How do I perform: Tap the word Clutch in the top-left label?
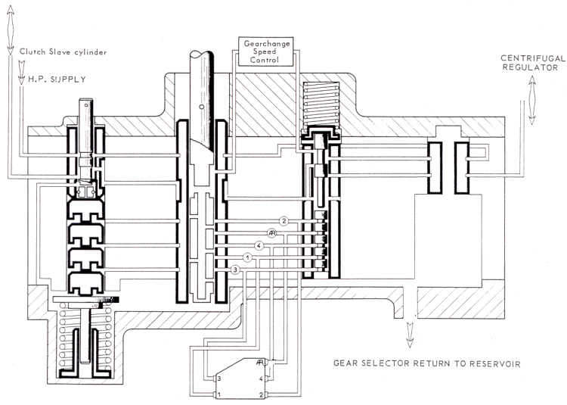tap(31, 52)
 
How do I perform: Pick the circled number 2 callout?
tap(283, 221)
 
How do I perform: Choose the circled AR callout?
tap(273, 233)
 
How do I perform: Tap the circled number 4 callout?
tap(259, 245)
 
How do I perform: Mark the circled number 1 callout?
tap(248, 257)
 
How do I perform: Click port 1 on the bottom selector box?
tap(219, 395)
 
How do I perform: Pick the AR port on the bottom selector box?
tap(259, 363)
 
